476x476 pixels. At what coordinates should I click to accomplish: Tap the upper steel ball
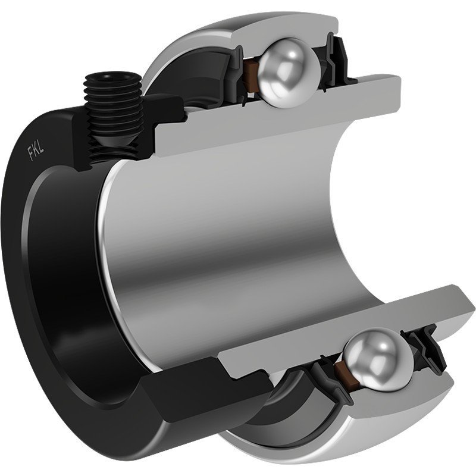(289, 73)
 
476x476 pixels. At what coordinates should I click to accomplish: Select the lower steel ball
(378, 359)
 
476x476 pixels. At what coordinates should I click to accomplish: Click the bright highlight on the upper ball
(292, 55)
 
